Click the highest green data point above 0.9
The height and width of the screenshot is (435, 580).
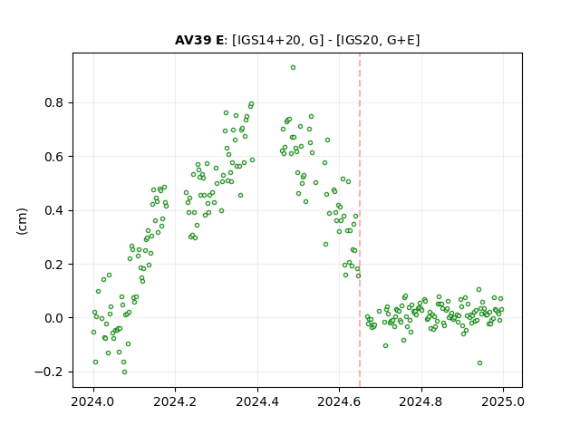pos(293,68)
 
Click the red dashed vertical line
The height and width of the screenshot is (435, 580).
pos(360,220)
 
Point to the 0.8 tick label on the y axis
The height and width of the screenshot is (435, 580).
pos(54,102)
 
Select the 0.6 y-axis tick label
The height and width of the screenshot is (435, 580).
pos(54,157)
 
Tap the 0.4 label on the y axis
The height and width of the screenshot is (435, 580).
pos(54,210)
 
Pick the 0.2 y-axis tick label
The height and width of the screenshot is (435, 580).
pos(54,264)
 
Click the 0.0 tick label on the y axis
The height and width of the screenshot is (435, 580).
pos(54,318)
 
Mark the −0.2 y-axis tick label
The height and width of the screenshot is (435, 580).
pos(49,372)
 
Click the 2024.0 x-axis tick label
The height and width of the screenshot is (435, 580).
pos(93,401)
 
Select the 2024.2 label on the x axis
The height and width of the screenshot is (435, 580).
pos(175,401)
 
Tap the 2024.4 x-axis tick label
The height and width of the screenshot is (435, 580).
pos(257,401)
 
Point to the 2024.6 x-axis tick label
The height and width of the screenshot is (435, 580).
pos(339,401)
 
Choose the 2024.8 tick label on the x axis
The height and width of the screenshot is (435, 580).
pos(420,401)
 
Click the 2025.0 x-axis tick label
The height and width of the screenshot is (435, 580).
pos(503,401)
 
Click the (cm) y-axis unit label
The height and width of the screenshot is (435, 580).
pos(22,221)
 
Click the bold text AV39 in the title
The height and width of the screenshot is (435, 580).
pos(194,40)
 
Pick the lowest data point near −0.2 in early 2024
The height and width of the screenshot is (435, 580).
pos(125,372)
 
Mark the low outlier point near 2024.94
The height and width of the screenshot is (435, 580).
pos(479,362)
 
